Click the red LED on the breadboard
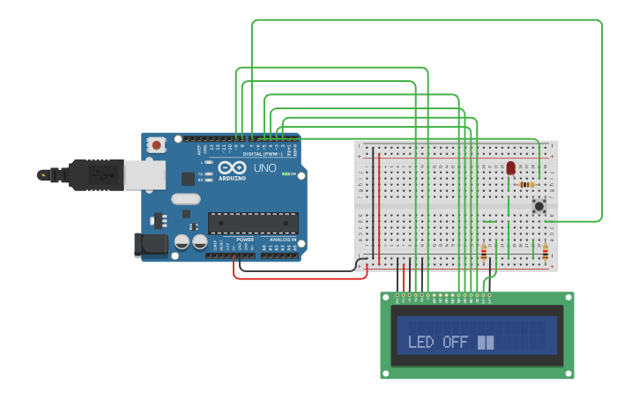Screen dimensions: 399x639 pos(510,167)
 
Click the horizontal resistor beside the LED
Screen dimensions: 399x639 pos(526,184)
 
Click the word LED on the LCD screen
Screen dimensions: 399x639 pos(420,342)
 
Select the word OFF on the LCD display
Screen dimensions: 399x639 pos(455,342)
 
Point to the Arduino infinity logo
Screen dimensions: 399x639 pos(233,167)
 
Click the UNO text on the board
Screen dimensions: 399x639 pos(265,167)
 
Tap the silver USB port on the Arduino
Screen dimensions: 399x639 pos(145,175)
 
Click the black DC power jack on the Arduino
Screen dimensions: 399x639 pos(150,245)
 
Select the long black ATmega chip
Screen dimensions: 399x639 pos(252,223)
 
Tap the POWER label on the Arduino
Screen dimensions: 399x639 pos(245,240)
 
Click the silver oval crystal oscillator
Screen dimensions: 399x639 pos(186,214)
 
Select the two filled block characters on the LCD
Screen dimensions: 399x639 pos(486,342)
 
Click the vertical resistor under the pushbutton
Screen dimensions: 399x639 pos(545,254)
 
